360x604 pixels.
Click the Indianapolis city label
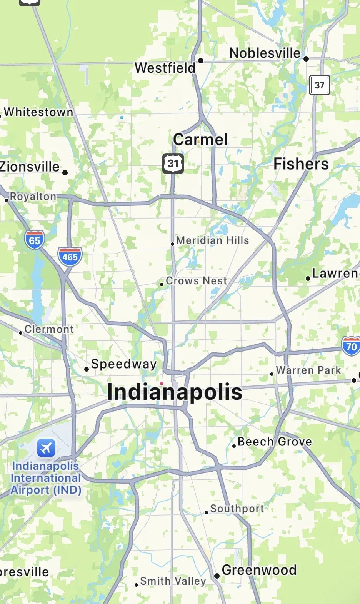click(x=175, y=392)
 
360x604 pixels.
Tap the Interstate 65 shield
click(x=34, y=240)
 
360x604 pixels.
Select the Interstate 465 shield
click(x=70, y=257)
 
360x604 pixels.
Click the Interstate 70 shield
click(x=351, y=346)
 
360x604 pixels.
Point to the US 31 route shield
click(x=173, y=164)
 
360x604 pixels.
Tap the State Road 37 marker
click(x=319, y=85)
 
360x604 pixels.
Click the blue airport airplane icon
click(x=46, y=448)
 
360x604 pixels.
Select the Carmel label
click(x=200, y=140)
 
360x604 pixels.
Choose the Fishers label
click(x=301, y=164)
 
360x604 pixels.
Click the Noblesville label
click(x=265, y=53)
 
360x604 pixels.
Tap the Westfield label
click(x=165, y=68)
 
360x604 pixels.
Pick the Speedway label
click(x=124, y=364)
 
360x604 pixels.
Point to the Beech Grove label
click(x=275, y=442)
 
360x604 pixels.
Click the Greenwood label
click(x=259, y=570)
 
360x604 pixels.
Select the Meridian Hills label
click(x=212, y=240)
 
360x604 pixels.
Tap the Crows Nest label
click(x=196, y=281)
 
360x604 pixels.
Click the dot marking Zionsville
click(x=65, y=173)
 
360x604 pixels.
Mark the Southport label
click(x=237, y=509)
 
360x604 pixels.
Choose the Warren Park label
click(x=308, y=370)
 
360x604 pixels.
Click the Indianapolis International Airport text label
click(x=46, y=478)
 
